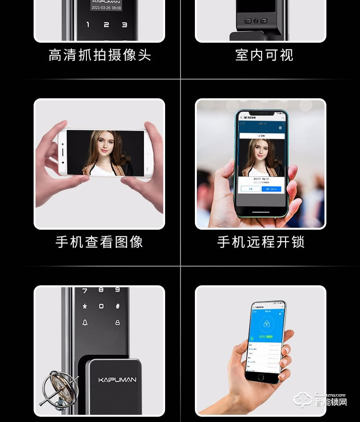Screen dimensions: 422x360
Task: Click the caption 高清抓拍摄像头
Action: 100,56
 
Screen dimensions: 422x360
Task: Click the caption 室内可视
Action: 264,55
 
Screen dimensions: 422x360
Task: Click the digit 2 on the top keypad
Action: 106,25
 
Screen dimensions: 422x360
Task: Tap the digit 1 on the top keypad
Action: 88,25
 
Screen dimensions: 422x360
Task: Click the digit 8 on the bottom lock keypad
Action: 101,290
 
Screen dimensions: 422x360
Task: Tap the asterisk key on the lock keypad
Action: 85,306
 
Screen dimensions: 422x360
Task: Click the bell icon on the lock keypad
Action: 85,323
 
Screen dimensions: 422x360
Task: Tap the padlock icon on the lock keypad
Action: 117,323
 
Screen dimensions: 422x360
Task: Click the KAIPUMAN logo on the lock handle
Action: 117,380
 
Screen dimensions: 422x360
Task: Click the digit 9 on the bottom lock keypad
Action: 117,290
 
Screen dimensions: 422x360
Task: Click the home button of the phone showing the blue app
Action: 261,377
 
